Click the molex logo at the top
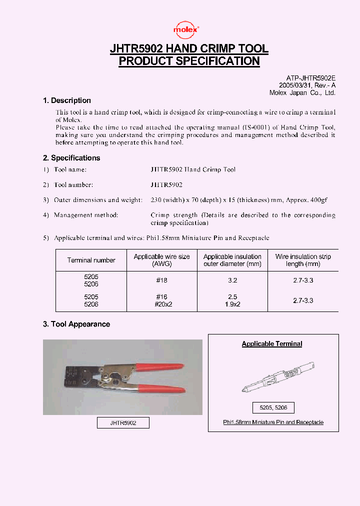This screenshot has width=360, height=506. (x=186, y=30)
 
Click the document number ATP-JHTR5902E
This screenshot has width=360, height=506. (x=310, y=78)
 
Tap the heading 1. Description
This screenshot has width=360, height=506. (x=67, y=100)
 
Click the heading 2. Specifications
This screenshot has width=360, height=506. (x=71, y=158)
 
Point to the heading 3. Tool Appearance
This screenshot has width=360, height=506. (x=76, y=324)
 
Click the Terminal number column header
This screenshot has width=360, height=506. (x=91, y=260)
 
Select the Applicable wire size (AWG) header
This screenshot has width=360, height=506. (x=161, y=260)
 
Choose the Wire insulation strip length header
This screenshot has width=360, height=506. (x=303, y=260)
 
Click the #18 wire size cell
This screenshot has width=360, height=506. (x=161, y=280)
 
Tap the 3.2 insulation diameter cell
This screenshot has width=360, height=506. (x=232, y=280)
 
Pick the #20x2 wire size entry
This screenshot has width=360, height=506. (x=161, y=304)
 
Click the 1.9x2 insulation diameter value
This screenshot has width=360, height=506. (x=232, y=304)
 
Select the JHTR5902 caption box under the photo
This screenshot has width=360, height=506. (x=123, y=423)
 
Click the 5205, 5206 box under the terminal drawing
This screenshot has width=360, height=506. (x=273, y=407)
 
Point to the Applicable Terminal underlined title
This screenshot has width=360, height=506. (x=272, y=343)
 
